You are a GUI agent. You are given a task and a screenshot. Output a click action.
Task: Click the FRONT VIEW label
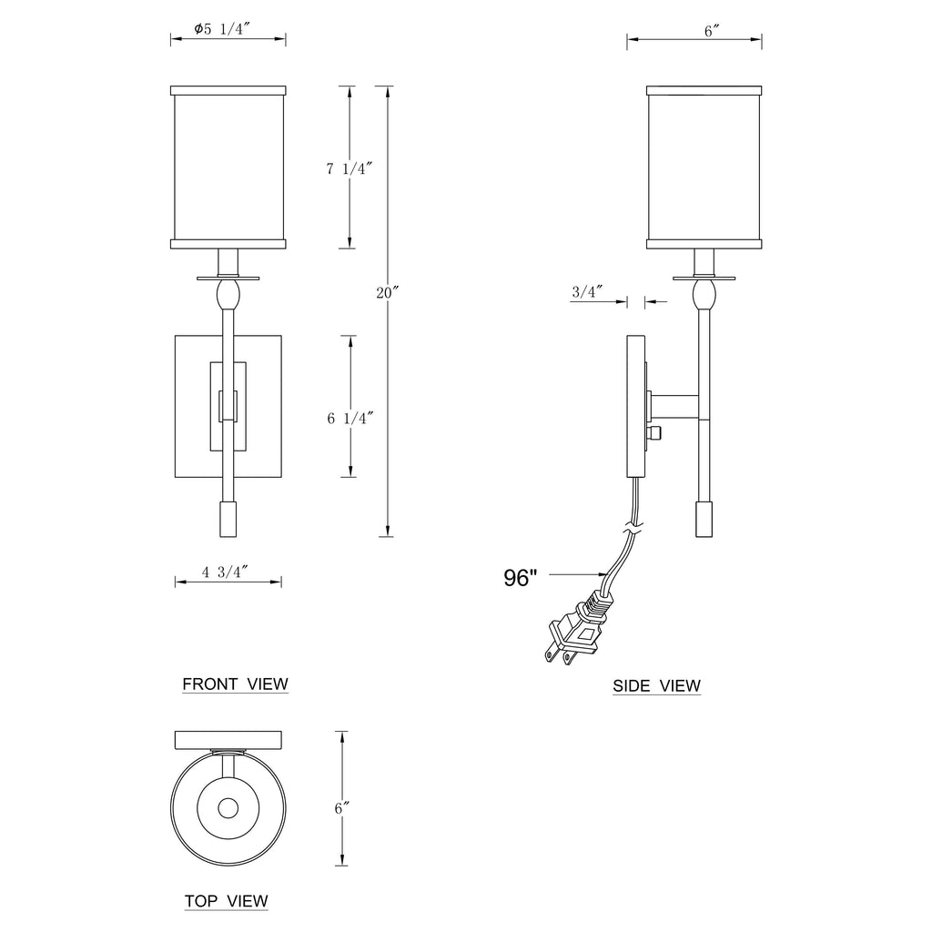coord(235,684)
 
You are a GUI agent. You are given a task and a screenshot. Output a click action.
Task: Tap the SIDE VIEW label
coord(656,686)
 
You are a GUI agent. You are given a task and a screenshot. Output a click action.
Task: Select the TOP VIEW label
coord(226,901)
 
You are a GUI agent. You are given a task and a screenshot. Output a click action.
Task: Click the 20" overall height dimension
coord(387,292)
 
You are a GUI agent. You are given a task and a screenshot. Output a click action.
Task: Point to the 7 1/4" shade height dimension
coord(349,168)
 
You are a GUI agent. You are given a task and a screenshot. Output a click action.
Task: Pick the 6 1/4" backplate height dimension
coord(350,418)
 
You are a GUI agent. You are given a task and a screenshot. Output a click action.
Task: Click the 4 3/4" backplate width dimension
coord(225,572)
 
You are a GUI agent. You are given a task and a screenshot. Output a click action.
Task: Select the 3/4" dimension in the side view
coord(588,291)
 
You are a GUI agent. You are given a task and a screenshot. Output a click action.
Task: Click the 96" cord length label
coord(520,578)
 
